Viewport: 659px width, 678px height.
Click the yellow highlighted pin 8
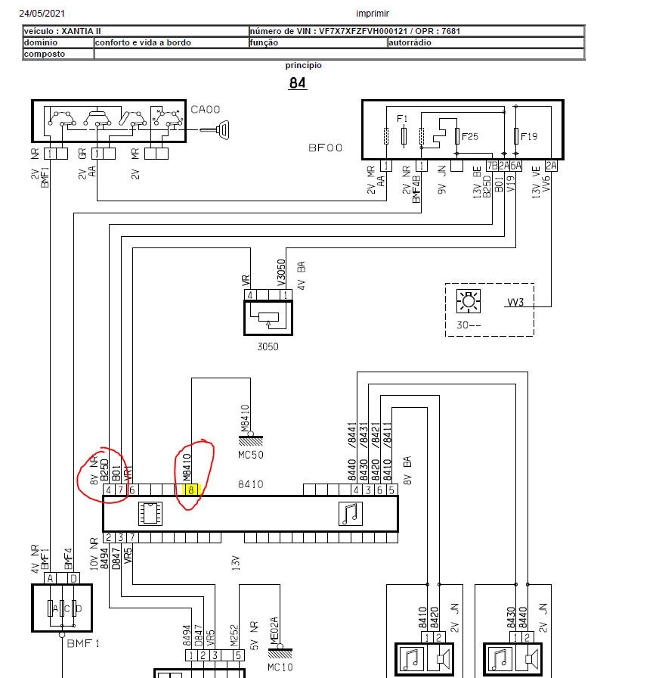pos(191,490)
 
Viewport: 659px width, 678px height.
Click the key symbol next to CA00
pos(215,129)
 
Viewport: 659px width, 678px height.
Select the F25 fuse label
pos(470,137)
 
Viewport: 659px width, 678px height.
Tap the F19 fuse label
pos(529,137)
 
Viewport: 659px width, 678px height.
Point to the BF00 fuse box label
pos(325,148)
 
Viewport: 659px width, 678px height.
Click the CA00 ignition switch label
pos(205,110)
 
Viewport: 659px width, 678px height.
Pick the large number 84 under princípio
pos(297,82)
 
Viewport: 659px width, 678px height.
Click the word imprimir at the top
pos(373,14)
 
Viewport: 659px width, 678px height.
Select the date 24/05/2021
pos(42,14)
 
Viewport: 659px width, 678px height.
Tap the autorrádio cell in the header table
pos(486,42)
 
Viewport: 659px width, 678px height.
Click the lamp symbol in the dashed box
pos(469,301)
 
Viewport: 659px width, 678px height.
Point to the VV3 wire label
pos(515,302)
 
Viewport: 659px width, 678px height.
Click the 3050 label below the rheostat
pos(268,347)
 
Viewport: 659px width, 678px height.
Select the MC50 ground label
pos(250,455)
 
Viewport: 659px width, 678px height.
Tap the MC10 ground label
pos(280,667)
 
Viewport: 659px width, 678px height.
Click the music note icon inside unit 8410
pos(351,514)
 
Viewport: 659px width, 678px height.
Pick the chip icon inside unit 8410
pos(150,514)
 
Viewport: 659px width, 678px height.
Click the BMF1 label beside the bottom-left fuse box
pos(83,643)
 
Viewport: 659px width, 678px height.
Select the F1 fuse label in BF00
pos(402,119)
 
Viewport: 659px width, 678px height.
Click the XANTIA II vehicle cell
pos(135,31)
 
